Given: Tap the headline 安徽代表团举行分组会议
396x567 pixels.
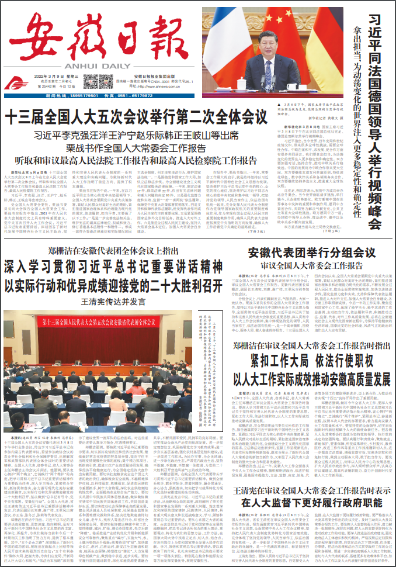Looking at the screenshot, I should [x=311, y=254].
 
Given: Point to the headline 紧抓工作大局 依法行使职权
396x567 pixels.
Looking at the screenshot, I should [x=311, y=361].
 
